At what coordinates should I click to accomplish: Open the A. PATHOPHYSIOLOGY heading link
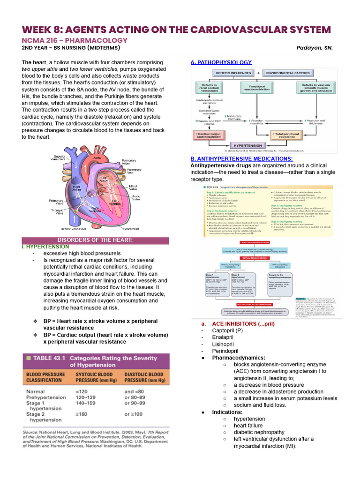pyautogui.click(x=221, y=62)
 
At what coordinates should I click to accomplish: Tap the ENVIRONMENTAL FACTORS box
pyautogui.click(x=288, y=74)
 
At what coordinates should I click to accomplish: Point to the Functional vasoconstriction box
pyautogui.click(x=256, y=89)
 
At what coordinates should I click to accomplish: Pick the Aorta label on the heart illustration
pyautogui.click(x=97, y=158)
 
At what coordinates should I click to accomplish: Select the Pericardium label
pyautogui.click(x=131, y=229)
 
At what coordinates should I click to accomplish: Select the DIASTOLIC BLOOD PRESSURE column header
pyautogui.click(x=143, y=377)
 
